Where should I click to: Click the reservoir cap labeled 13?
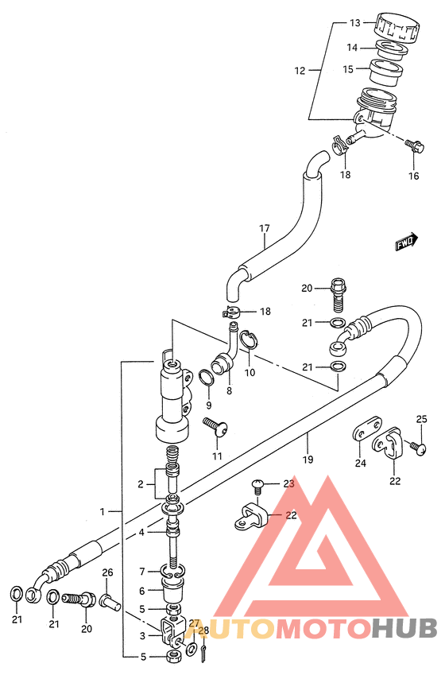pyautogui.click(x=397, y=28)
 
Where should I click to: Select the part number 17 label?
pyautogui.click(x=265, y=228)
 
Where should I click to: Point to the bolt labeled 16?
pyautogui.click(x=414, y=145)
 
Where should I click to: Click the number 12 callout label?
pyautogui.click(x=300, y=71)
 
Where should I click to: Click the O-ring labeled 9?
pyautogui.click(x=207, y=378)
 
